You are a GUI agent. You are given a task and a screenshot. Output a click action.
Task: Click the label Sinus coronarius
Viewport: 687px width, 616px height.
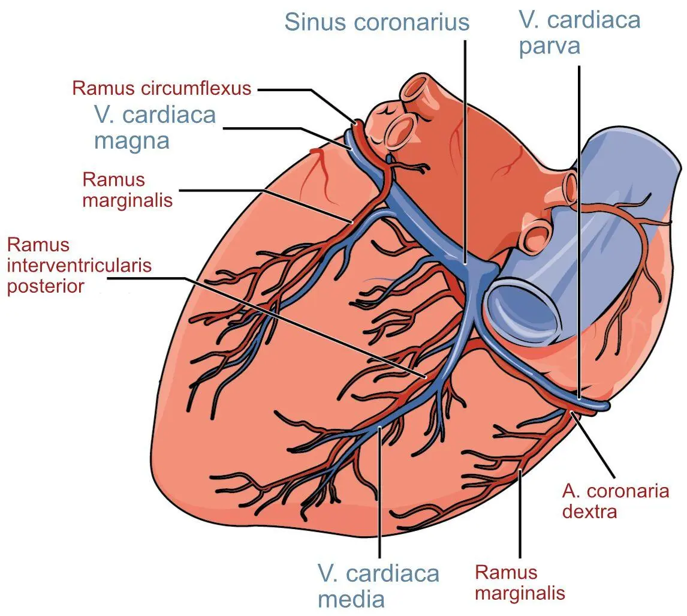coord(376,22)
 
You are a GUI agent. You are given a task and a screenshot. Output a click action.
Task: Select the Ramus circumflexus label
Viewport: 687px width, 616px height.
coord(161,88)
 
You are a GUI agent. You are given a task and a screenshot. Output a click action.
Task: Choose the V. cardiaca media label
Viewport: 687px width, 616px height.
coord(378,585)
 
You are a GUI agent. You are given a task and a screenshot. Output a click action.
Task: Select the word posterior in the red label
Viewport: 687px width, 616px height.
coord(46,286)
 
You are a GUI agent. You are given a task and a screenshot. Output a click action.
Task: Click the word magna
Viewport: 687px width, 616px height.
coord(132,140)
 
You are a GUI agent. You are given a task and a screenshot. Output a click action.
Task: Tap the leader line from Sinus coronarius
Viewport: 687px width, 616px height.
coord(465,150)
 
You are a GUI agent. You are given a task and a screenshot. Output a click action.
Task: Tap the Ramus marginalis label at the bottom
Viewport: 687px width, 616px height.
coord(520,582)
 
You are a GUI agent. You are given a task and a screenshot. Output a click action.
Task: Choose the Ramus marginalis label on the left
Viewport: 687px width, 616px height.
coord(128,189)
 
